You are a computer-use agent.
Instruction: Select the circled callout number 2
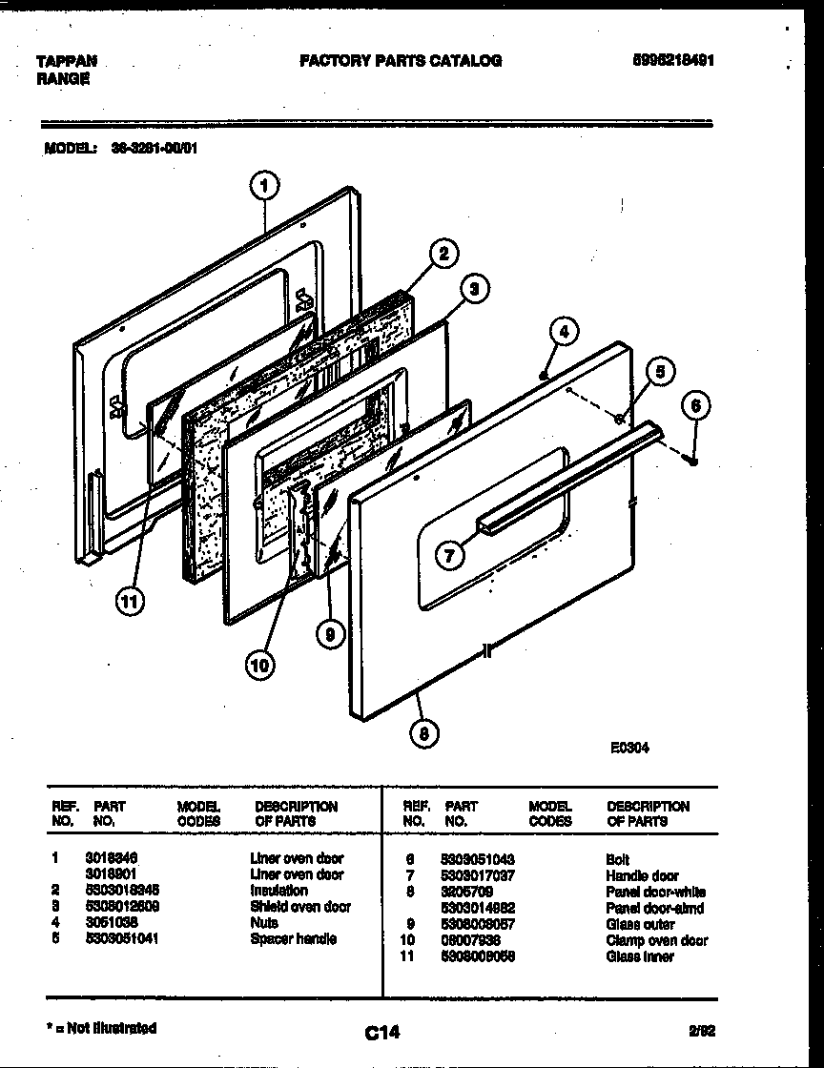click(442, 253)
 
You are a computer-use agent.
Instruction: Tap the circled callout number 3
click(473, 287)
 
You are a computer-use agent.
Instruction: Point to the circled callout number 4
click(564, 332)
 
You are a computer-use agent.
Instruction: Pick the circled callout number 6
click(695, 405)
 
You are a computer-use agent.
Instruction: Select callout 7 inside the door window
click(450, 555)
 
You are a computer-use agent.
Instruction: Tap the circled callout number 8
click(423, 733)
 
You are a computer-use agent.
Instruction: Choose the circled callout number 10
click(258, 664)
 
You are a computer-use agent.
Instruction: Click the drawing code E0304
click(629, 749)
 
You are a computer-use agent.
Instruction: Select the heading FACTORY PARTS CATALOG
click(401, 61)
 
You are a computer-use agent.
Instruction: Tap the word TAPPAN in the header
click(66, 62)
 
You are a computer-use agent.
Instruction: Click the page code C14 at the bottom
click(381, 1032)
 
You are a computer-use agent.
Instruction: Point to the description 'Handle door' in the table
click(642, 875)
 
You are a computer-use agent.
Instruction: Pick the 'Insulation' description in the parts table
click(278, 891)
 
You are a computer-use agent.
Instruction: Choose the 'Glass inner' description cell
click(639, 956)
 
